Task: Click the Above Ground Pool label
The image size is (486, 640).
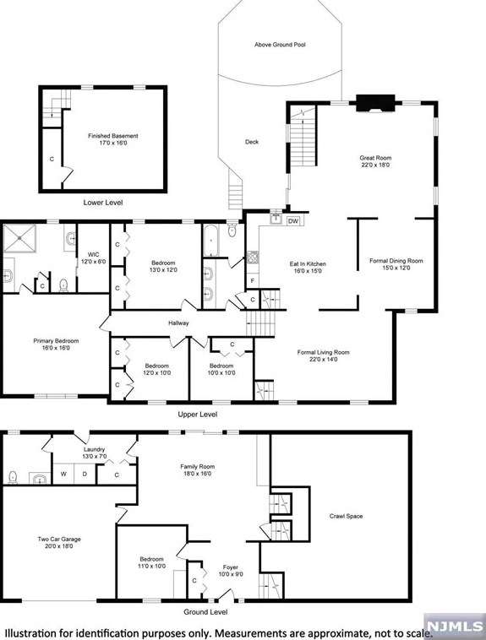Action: [280, 44]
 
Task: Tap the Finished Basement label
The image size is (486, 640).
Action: [112, 139]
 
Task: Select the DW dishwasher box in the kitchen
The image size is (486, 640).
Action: [293, 221]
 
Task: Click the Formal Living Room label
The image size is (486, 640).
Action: [323, 356]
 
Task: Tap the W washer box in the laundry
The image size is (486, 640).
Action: [63, 474]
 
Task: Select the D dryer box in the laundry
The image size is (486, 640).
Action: [84, 474]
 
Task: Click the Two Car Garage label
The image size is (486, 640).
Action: [58, 543]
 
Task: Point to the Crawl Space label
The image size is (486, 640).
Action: [346, 516]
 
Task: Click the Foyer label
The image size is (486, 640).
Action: [231, 571]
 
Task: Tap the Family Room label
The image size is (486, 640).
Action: [196, 469]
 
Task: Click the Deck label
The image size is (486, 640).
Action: [252, 142]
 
